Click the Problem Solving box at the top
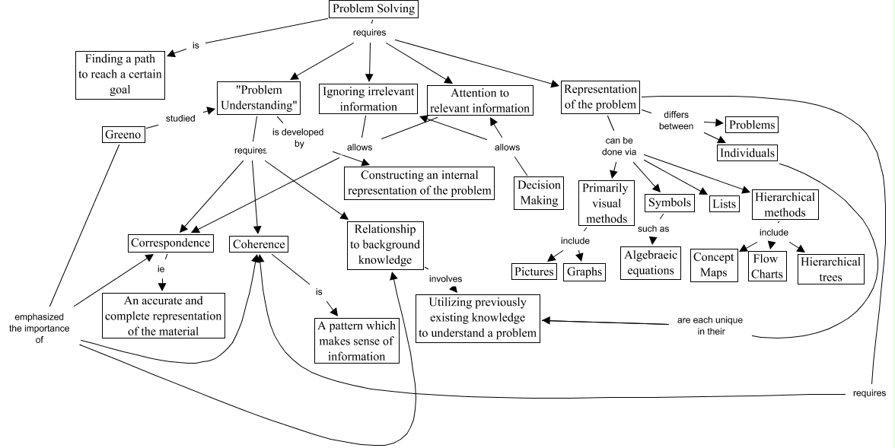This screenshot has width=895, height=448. pyautogui.click(x=374, y=9)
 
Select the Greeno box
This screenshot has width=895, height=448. pyautogui.click(x=123, y=135)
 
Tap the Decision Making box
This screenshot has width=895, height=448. pyautogui.click(x=540, y=193)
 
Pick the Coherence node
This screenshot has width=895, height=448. pyautogui.click(x=260, y=244)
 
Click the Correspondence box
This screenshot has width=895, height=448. pyautogui.click(x=170, y=243)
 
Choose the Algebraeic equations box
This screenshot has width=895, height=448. pyautogui.click(x=651, y=262)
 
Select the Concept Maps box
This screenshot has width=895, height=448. pyautogui.click(x=715, y=265)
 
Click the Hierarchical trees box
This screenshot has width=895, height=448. pyautogui.click(x=830, y=269)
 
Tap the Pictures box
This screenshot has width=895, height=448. pyautogui.click(x=533, y=272)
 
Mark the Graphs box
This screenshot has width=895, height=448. pyautogui.click(x=584, y=272)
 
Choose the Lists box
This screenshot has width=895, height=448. pyautogui.click(x=723, y=203)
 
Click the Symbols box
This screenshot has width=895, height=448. pyautogui.click(x=670, y=203)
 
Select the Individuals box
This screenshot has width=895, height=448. pyautogui.click(x=747, y=153)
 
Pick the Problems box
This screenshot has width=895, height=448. pyautogui.click(x=752, y=125)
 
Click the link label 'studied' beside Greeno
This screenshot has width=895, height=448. pyautogui.click(x=180, y=118)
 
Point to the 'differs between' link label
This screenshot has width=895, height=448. pyautogui.click(x=670, y=119)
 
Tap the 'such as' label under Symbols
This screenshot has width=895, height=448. pyautogui.click(x=652, y=229)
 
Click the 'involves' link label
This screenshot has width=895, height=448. pyautogui.click(x=445, y=278)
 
